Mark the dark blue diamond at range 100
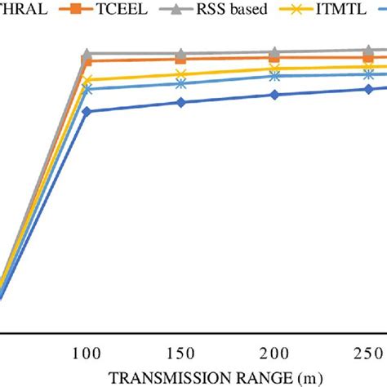pos(87,111)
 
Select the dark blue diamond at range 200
pos(275,95)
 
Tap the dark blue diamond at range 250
pos(369,88)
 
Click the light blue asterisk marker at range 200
pos(275,76)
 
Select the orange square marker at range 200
pos(275,58)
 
